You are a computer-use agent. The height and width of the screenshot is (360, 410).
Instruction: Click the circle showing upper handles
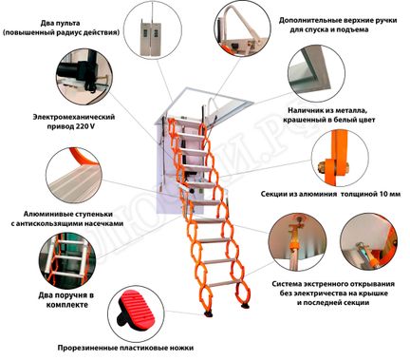point(227,32)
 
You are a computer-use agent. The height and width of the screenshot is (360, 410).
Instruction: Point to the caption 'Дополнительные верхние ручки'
point(327,19)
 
